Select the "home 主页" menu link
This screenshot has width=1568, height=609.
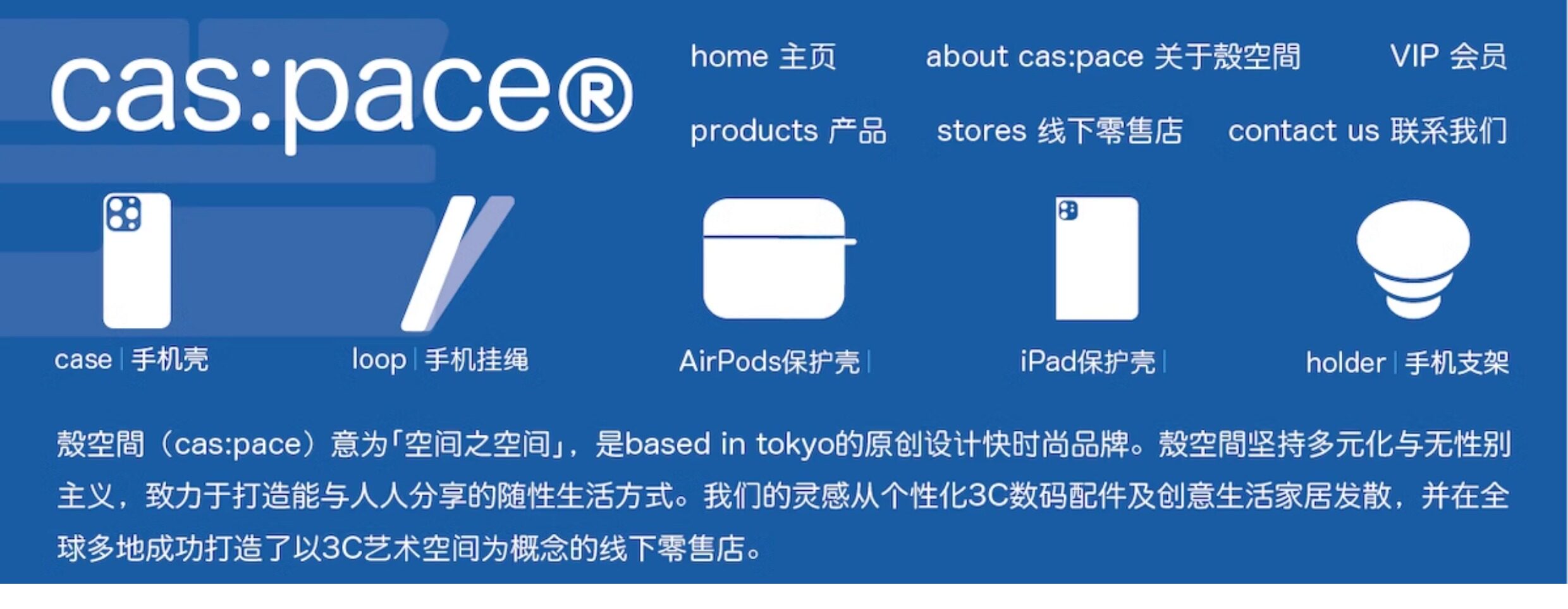pos(763,56)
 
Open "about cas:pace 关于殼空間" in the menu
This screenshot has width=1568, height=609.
pos(1113,56)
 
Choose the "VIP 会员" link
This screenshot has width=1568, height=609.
pos(1448,56)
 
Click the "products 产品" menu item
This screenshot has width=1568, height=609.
pos(788,131)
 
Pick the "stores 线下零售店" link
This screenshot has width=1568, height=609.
pos(1059,131)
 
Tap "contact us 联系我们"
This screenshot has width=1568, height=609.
pos(1367,131)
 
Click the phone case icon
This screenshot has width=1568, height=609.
pos(137,260)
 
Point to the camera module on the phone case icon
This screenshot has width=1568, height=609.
pos(123,213)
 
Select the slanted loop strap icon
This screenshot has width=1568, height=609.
pos(456,263)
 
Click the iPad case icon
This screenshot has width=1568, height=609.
pos(1097,258)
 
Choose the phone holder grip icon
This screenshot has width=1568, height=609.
pos(1413,260)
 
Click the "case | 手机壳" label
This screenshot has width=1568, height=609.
pos(132,359)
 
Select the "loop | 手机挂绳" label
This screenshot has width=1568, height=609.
pos(440,360)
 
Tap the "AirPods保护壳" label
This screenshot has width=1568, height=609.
pos(769,362)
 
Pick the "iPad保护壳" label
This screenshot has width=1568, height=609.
pos(1087,362)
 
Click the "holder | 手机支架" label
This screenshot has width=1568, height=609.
pos(1407,363)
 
